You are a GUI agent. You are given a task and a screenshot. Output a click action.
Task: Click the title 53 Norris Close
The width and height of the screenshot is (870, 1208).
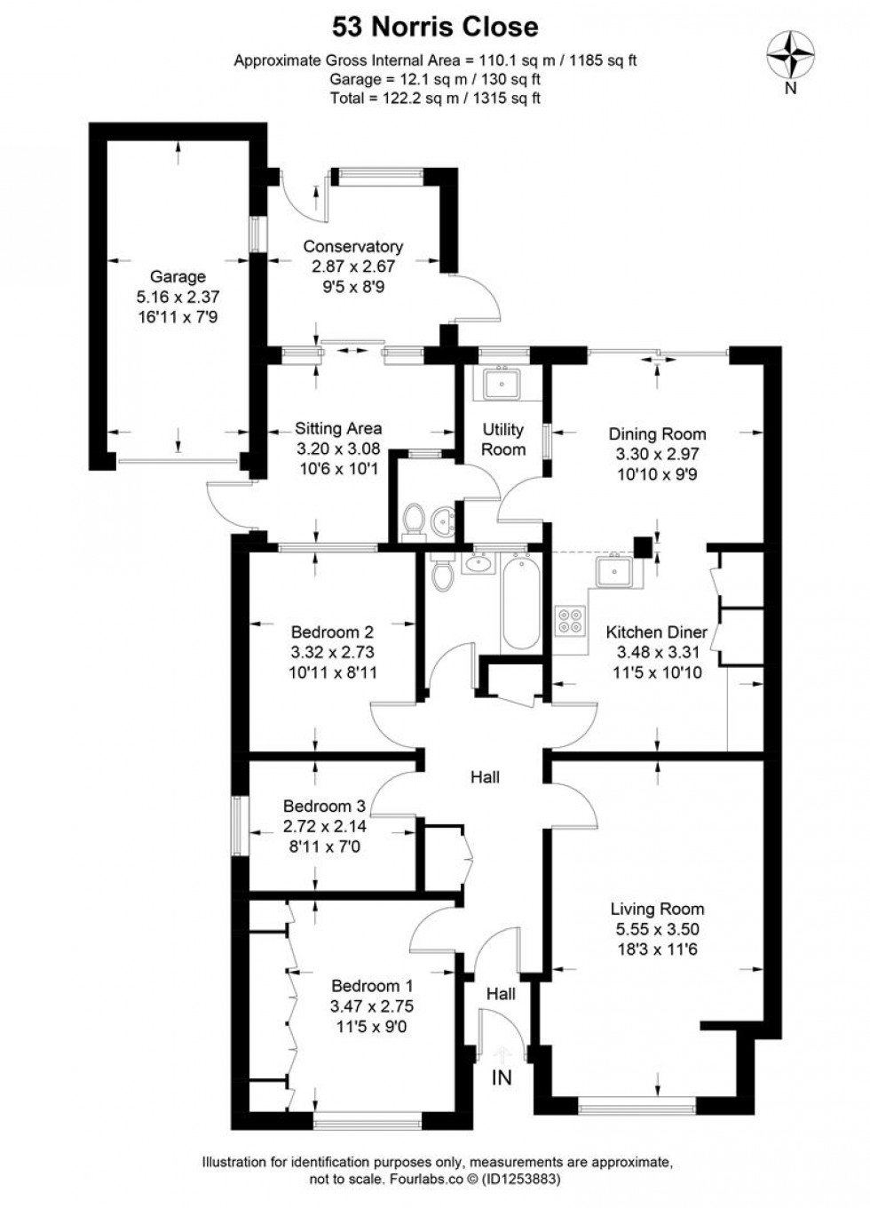435,27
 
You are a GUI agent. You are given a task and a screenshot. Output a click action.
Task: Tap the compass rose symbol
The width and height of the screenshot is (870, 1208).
791,56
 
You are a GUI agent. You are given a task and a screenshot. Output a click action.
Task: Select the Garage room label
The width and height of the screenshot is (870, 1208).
178,276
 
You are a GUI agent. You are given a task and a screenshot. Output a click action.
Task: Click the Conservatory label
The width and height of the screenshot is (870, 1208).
352,246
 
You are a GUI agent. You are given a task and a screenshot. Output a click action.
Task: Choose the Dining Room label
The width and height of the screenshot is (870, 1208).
657,433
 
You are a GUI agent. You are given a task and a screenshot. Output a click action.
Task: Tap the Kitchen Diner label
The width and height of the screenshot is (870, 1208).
657,632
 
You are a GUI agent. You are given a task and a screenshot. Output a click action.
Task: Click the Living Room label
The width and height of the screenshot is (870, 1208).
657,909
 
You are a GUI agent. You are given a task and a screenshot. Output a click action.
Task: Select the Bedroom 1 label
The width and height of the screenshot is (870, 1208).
372,986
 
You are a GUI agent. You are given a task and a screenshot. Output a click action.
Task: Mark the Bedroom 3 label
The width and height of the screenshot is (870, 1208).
324,807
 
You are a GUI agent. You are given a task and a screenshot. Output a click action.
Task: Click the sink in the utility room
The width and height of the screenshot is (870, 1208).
502,384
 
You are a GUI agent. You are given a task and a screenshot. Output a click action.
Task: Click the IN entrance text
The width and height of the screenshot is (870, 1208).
502,1078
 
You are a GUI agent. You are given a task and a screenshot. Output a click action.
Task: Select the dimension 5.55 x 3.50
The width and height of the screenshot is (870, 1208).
657,929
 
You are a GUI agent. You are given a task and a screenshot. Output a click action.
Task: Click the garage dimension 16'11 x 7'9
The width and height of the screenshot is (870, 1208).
178,315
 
